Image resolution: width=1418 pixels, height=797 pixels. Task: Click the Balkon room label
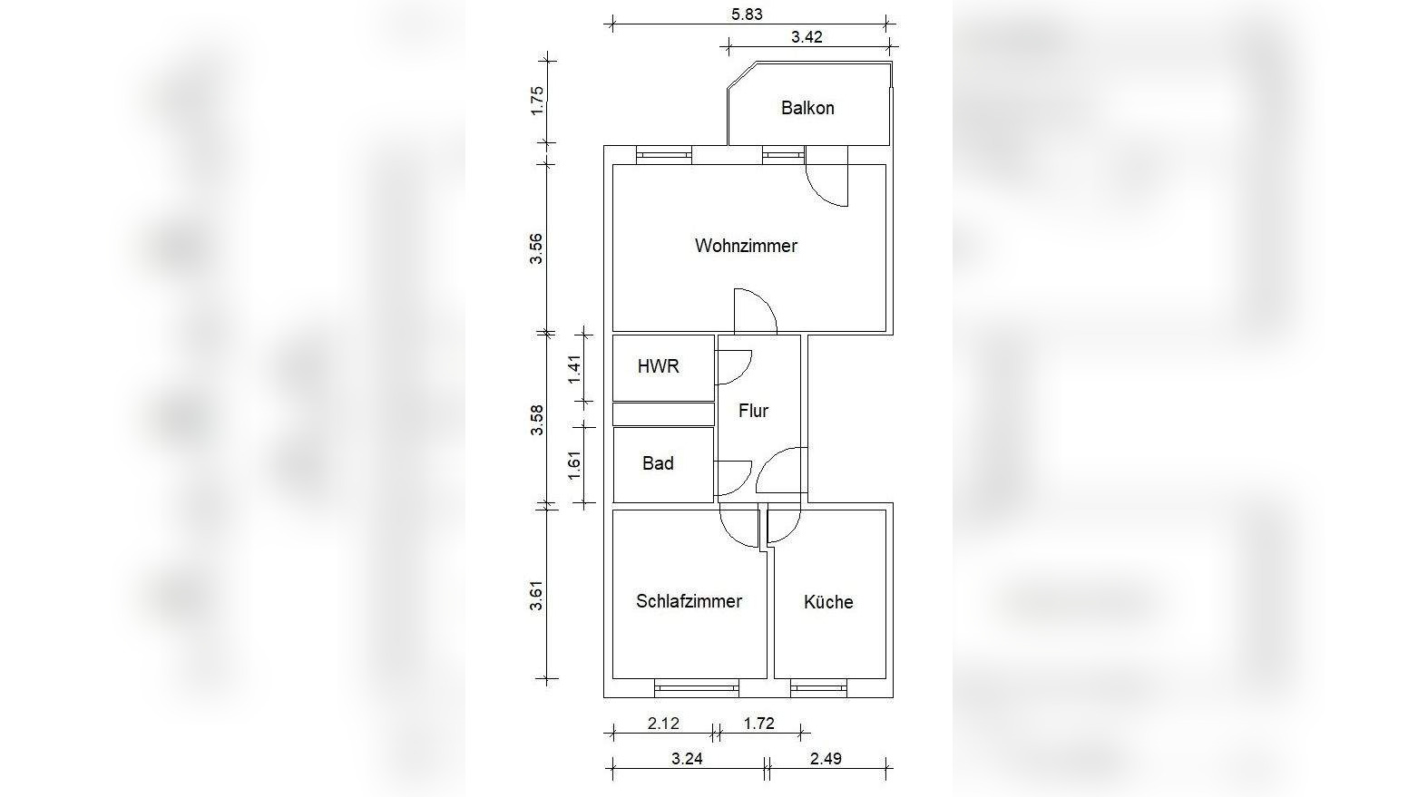[x=807, y=108]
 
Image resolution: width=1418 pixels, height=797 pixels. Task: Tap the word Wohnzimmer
[x=746, y=246]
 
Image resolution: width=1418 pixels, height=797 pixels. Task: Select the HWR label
[x=659, y=366]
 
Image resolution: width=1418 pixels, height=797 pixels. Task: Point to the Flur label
[x=753, y=411]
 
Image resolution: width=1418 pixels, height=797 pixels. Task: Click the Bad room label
[x=658, y=463]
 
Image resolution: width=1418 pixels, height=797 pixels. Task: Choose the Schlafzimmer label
[x=689, y=601]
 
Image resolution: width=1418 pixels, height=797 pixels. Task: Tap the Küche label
[x=828, y=601]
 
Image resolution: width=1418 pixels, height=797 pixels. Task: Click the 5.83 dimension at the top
[x=747, y=14]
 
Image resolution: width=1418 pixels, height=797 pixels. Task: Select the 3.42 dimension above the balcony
[x=807, y=36]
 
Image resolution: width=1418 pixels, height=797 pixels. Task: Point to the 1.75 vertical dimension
[x=537, y=101]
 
